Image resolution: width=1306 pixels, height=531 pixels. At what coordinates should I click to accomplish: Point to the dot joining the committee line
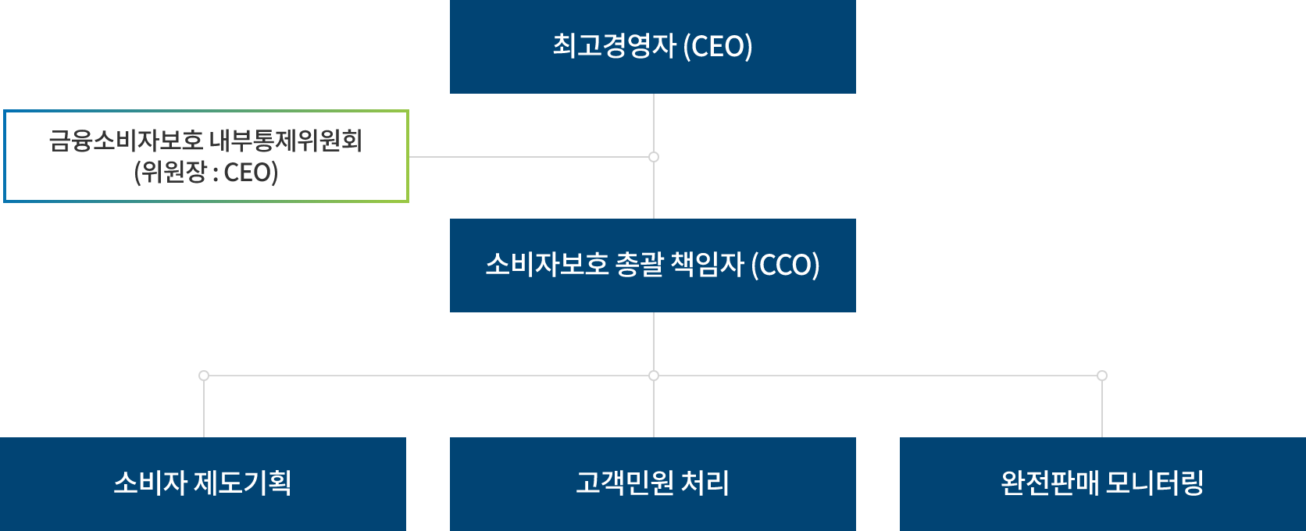654,157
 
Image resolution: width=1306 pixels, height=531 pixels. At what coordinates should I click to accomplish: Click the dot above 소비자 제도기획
204,376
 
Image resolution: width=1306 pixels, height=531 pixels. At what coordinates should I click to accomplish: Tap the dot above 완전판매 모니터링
1102,376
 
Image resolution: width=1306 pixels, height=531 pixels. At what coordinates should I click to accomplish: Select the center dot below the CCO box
654,376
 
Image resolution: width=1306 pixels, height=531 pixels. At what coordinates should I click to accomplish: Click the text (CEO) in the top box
718,47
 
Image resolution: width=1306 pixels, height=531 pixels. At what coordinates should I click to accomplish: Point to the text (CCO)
785,265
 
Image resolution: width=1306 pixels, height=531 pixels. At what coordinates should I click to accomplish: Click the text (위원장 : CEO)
206,173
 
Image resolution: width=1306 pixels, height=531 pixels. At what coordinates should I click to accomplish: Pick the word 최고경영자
614,46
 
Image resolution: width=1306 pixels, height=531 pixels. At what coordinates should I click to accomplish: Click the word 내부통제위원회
285,141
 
